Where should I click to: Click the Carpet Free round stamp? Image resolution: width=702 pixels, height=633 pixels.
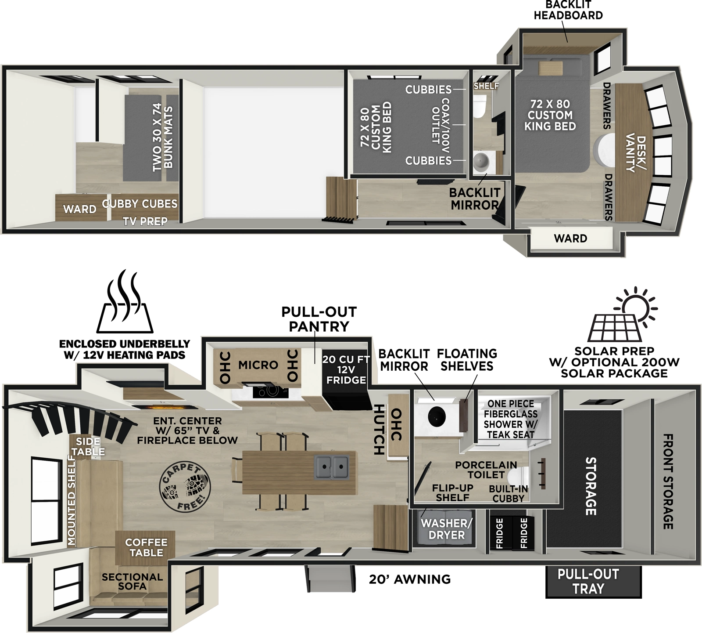185,486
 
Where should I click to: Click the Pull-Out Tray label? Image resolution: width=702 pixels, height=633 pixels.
588,581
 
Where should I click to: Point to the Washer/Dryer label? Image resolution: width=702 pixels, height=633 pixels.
446,529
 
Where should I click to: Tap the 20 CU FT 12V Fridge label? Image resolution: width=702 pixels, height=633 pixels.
346,369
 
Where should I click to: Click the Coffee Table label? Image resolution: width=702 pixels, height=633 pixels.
146,547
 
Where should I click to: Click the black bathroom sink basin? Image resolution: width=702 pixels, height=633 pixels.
437,415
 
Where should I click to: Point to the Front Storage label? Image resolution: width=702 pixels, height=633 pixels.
667,481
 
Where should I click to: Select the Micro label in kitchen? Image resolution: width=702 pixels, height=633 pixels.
258,365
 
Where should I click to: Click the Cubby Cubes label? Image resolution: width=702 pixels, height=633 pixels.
140,204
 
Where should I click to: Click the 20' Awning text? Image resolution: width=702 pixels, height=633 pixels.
409,579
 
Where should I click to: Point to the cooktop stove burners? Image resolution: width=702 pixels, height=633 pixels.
269,391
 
